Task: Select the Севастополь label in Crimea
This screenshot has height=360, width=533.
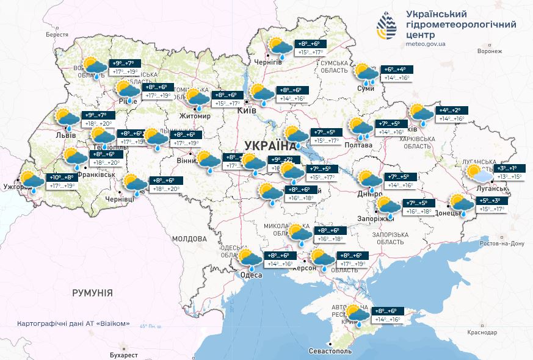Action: point(330,352)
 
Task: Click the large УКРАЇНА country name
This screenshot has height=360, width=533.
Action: point(269,145)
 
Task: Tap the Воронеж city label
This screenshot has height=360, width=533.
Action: point(489,51)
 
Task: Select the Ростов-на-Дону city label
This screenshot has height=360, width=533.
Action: point(502,243)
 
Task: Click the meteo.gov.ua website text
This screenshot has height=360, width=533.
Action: point(426,44)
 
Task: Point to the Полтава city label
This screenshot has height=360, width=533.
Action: point(358,145)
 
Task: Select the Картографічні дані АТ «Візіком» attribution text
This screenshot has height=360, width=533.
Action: point(73,323)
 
